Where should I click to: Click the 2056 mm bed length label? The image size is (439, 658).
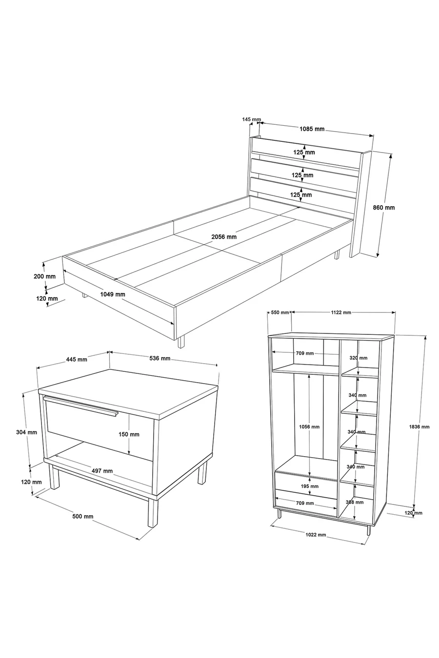pos(224,236)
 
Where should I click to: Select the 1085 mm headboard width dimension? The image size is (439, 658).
pos(312,129)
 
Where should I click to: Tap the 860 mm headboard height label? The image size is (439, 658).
pos(384,207)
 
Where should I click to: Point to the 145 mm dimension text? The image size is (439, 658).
pos(251,119)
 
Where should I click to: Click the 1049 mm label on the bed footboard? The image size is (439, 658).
pos(112,294)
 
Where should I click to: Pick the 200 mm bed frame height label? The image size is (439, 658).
pos(45,276)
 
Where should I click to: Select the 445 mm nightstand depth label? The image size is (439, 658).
pos(76,359)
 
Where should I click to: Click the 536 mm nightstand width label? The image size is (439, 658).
pos(160,358)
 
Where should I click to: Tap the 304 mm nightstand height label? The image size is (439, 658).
pos(26,432)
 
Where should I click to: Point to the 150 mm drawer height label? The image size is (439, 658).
pos(129,434)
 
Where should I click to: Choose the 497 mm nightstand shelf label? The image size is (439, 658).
pos(102,471)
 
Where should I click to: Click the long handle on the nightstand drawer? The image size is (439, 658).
pos(80,406)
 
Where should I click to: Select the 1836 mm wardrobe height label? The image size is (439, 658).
pos(419,427)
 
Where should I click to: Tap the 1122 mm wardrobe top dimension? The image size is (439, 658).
pos(341,312)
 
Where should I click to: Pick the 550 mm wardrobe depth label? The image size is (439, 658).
pos(279,312)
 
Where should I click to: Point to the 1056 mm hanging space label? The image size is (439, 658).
pos(309,427)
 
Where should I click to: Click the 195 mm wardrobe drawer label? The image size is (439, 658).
pos(309,486)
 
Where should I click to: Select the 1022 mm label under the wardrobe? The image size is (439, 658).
pos(316,535)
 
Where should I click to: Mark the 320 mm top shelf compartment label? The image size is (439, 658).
pos(359,358)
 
